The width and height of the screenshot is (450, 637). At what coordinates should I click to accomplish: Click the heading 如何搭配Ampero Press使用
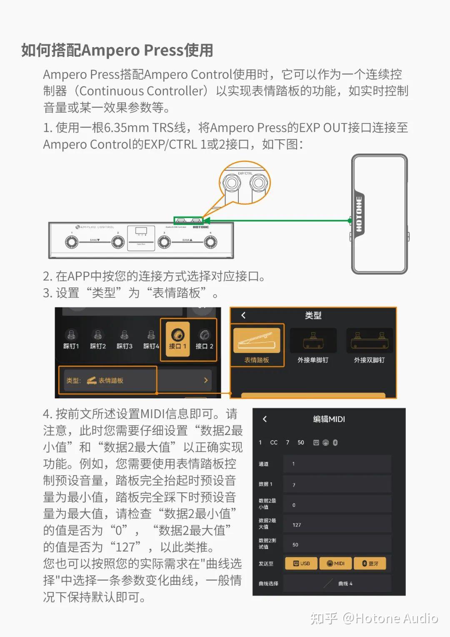[117, 50]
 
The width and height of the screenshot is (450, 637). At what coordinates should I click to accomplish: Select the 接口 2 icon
[204, 339]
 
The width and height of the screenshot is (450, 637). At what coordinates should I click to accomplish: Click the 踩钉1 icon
[71, 339]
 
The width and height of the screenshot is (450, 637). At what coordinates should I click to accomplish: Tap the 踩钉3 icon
[124, 339]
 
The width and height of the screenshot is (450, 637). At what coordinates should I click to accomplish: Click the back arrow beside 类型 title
[243, 315]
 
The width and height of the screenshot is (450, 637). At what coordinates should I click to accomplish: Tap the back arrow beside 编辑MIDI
[265, 419]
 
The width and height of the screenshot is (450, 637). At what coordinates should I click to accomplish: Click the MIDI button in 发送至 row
[335, 563]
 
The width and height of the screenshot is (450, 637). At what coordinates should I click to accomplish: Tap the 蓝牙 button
[370, 563]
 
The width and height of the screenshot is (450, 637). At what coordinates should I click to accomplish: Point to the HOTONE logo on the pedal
[359, 214]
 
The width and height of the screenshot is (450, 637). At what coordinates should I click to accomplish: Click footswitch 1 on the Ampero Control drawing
[72, 242]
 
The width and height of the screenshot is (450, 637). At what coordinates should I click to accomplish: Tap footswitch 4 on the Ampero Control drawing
[210, 242]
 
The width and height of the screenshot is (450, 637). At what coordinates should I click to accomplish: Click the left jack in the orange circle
[231, 183]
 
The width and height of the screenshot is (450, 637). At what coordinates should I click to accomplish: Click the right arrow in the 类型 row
[205, 380]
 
